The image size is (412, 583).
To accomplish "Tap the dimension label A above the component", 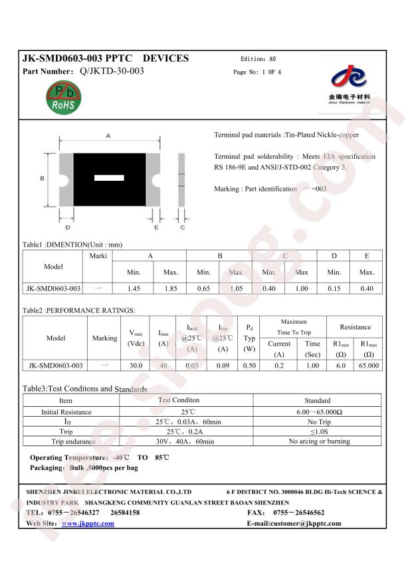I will pyautogui.click(x=108, y=136).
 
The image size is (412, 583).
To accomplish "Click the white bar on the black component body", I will pyautogui.click(x=109, y=178).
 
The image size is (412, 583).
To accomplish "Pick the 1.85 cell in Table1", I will pyautogui.click(x=170, y=289).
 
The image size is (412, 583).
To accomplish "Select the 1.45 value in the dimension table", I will pyautogui.click(x=133, y=289).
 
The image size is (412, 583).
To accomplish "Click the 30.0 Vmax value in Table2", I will pyautogui.click(x=136, y=366).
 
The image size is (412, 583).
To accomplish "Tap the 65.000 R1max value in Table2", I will pyautogui.click(x=369, y=366).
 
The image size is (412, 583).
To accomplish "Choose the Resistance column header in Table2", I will pyautogui.click(x=356, y=327).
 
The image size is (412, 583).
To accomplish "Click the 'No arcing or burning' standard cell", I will pyautogui.click(x=318, y=441).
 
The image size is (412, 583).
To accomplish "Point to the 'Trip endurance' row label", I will pyautogui.click(x=66, y=441).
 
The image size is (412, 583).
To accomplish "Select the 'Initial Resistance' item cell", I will pyautogui.click(x=66, y=412).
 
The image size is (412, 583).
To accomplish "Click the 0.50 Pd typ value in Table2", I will pyautogui.click(x=249, y=366).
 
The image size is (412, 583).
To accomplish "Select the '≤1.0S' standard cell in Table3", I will pyautogui.click(x=318, y=431).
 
